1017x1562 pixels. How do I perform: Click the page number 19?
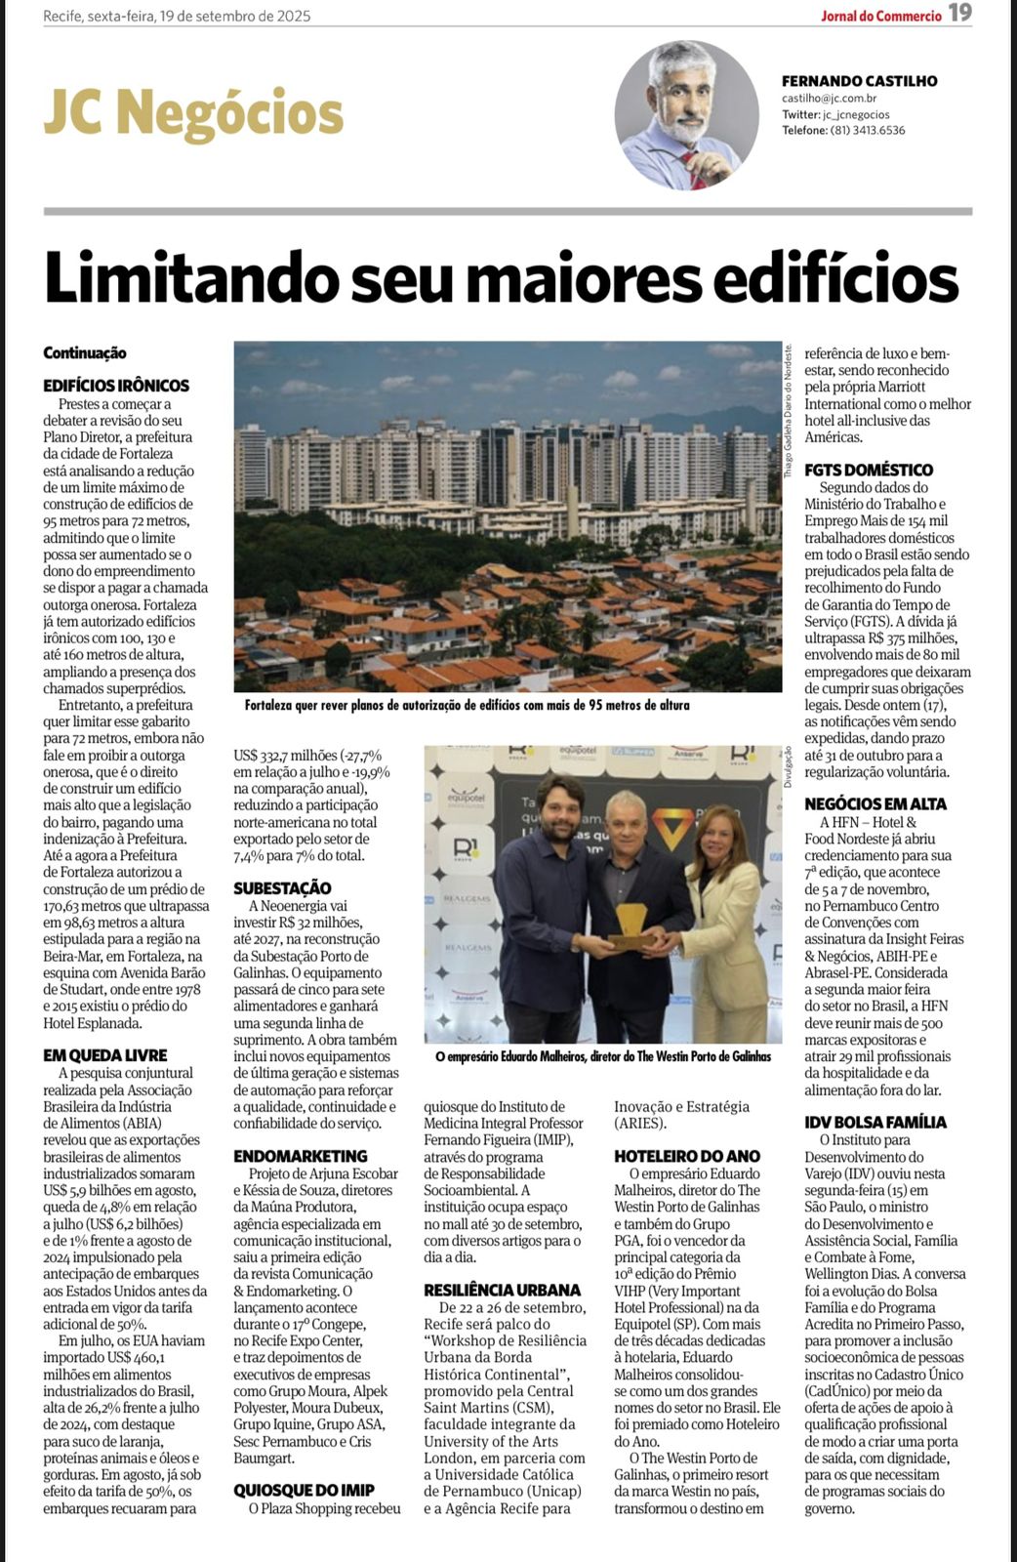(x=960, y=14)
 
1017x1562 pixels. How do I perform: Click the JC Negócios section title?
(x=193, y=113)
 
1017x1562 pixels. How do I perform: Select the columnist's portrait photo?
(x=686, y=115)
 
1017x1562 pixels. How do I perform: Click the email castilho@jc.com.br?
(x=829, y=99)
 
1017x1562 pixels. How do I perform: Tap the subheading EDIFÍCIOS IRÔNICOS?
(x=116, y=386)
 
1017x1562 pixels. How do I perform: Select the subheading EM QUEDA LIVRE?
(x=105, y=1055)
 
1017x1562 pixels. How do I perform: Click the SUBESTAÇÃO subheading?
(x=282, y=888)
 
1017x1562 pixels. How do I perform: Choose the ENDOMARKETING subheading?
(x=301, y=1156)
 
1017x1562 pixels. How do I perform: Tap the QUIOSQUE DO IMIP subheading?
(x=304, y=1491)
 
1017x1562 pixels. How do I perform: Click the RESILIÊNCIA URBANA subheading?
(x=502, y=1290)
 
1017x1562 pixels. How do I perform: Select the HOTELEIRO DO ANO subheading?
(x=687, y=1156)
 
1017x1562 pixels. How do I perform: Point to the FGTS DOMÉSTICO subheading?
(x=869, y=470)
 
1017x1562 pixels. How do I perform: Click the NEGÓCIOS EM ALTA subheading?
(x=875, y=804)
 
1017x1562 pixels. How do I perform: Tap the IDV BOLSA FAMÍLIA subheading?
(x=875, y=1122)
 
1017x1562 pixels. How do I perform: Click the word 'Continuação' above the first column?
(x=85, y=352)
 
